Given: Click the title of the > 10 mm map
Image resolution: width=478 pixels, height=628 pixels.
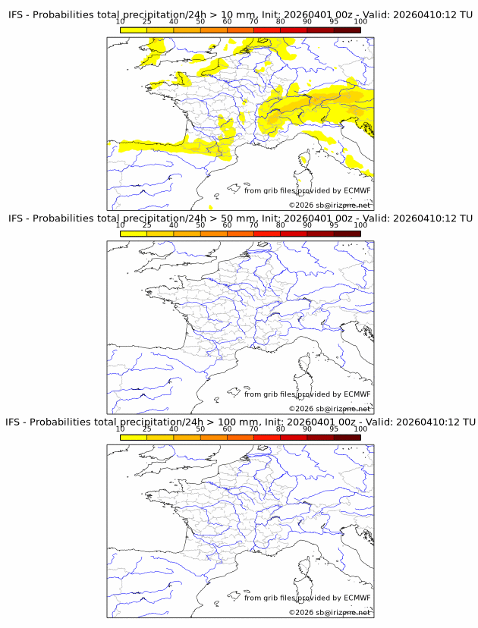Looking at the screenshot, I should click(x=240, y=14).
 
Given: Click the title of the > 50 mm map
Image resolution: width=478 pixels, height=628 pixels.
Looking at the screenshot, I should click(x=240, y=218).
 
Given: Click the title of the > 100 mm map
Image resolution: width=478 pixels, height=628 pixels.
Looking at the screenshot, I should click(x=240, y=422).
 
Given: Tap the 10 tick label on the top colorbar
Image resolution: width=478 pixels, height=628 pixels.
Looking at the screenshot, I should click(x=121, y=23).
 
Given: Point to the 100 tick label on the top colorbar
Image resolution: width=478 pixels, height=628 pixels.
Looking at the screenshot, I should click(x=360, y=23).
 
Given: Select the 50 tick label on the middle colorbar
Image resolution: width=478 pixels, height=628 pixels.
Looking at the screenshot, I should click(x=200, y=226).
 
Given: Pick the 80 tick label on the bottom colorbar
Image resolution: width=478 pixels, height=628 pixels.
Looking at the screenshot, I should click(x=280, y=429).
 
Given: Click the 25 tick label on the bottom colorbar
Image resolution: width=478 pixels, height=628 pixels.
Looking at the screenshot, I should click(x=147, y=429).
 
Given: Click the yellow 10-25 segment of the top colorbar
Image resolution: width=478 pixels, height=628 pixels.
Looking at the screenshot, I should click(x=134, y=30).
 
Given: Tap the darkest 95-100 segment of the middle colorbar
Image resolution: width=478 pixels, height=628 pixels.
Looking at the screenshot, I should click(x=347, y=234).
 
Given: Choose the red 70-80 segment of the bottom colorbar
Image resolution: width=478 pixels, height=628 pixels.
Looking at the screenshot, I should click(x=266, y=438).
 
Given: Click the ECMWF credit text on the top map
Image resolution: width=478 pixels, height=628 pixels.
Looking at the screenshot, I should click(x=307, y=190).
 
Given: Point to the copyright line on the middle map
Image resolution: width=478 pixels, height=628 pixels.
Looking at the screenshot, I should click(x=330, y=409).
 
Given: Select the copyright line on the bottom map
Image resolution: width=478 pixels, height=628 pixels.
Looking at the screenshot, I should click(x=330, y=612).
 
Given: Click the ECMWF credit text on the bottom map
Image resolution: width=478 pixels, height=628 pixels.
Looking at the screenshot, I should click(x=307, y=598).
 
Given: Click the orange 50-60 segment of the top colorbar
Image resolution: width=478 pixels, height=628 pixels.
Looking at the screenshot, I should click(x=213, y=30).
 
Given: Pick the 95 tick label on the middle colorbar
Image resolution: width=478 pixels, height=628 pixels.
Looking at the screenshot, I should click(x=333, y=226).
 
